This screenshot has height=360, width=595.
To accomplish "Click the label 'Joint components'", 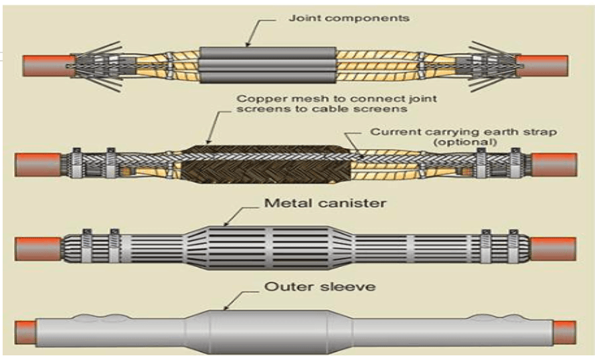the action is [x=349, y=18].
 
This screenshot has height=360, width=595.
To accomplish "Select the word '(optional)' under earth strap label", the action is [x=466, y=142].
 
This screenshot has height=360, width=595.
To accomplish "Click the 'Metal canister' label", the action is [x=325, y=203].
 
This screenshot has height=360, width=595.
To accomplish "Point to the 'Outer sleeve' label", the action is [x=320, y=286].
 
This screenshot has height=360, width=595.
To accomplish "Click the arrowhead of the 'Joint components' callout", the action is [x=248, y=44].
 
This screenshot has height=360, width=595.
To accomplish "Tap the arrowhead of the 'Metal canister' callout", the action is [x=226, y=224].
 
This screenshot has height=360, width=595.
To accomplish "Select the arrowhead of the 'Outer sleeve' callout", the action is [x=226, y=308].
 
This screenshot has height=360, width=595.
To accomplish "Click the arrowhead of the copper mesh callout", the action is [x=209, y=142].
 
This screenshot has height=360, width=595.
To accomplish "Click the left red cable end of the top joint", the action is [x=48, y=66].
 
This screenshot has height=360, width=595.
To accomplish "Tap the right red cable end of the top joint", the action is [x=542, y=66].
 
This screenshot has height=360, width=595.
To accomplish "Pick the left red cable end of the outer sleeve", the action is [x=26, y=333].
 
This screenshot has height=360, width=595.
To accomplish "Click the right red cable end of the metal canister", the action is [x=553, y=248].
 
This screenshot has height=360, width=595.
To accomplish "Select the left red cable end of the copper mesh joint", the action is [x=38, y=165].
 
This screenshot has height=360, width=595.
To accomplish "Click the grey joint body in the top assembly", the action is [x=268, y=65].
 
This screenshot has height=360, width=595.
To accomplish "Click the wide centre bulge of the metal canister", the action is [x=269, y=248].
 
